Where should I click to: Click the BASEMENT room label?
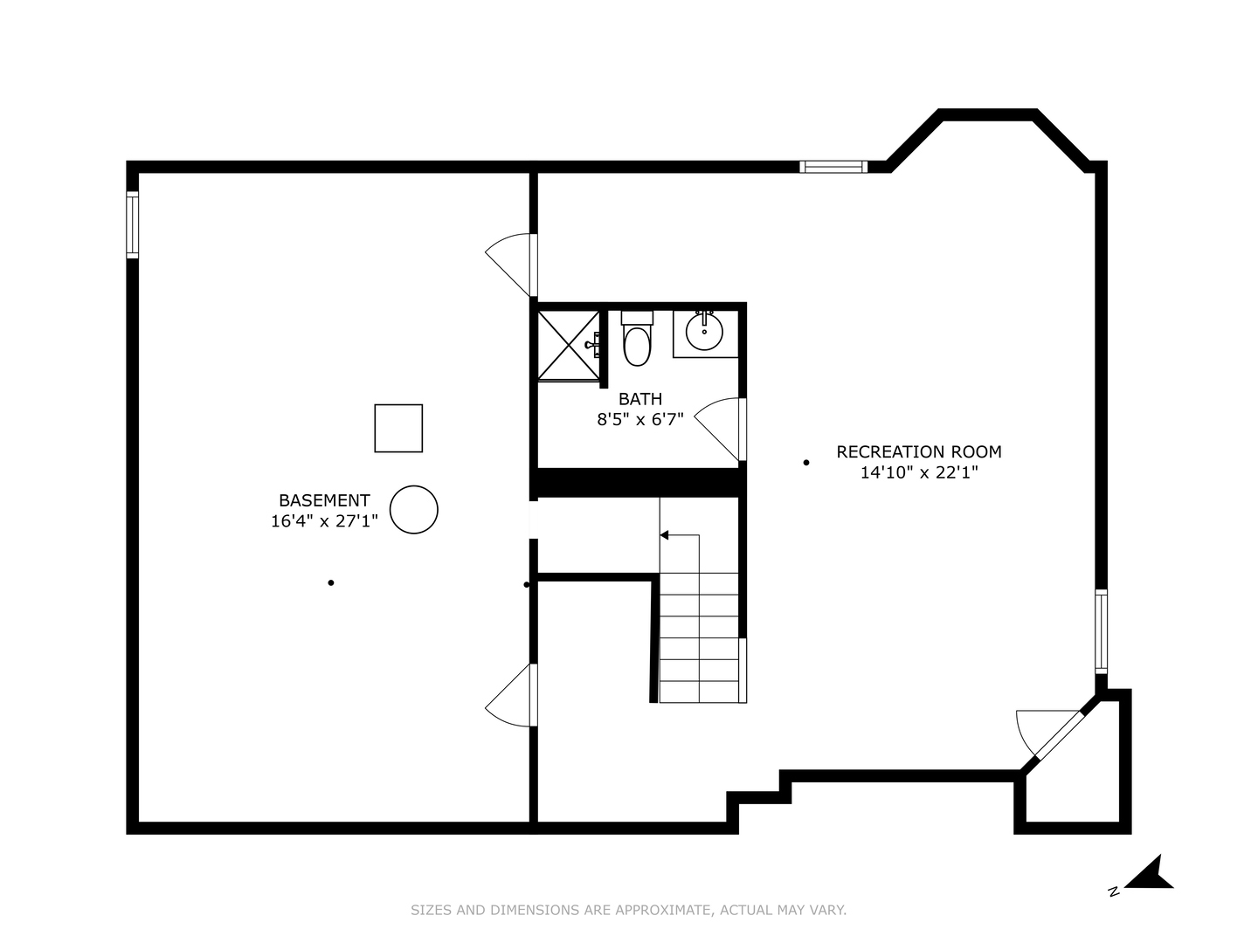[x=324, y=500]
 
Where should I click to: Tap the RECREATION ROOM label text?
[x=919, y=451]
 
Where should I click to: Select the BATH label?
[x=640, y=399]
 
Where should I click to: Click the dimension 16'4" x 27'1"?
[x=324, y=522]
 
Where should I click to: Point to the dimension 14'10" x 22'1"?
[x=919, y=473]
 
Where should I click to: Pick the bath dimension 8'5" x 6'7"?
[x=640, y=420]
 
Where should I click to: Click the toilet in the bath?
[x=637, y=341]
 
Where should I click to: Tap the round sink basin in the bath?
[x=704, y=331]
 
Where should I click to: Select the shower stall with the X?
[x=567, y=345]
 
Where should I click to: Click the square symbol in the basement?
[x=398, y=428]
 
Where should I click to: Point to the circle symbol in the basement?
[x=413, y=510]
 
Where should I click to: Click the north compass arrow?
[x=1151, y=874]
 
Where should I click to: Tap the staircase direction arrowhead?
[x=664, y=534]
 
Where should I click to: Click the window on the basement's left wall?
[x=133, y=225]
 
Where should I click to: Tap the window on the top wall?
[x=833, y=167]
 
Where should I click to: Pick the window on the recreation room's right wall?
[x=1101, y=630]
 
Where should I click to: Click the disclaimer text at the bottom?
[x=628, y=910]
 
